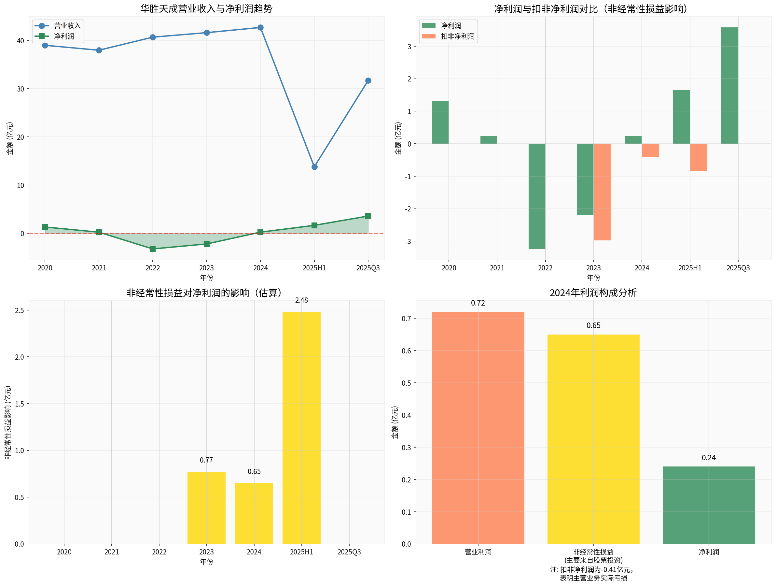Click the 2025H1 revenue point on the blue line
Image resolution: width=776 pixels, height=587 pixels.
point(314,167)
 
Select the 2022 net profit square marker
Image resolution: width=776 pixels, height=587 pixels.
point(153,249)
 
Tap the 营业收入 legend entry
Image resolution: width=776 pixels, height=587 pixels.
point(58,26)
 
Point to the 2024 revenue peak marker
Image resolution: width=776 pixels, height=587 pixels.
point(260,27)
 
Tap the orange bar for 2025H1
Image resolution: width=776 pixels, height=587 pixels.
point(698,157)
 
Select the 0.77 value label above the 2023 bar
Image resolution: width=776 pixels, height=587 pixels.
point(206,460)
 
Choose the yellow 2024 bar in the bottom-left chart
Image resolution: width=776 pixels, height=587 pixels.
point(254,513)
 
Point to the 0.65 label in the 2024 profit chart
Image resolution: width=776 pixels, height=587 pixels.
point(593,325)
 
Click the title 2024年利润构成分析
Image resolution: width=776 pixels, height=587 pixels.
point(593,293)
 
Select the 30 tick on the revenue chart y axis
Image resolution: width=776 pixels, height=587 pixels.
point(21,89)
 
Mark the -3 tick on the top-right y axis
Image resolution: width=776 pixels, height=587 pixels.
point(408,241)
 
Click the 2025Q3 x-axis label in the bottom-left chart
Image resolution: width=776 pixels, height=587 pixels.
point(349,552)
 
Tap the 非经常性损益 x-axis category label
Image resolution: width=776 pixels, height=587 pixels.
point(593,552)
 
